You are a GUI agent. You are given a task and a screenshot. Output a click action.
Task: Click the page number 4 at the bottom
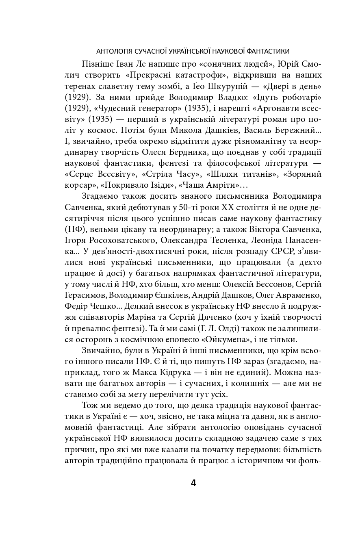[x=193, y=483]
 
